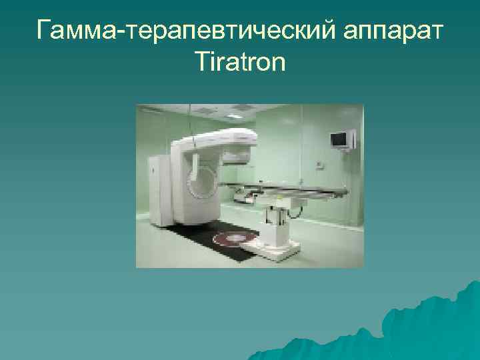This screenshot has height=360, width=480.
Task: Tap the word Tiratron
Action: (240, 63)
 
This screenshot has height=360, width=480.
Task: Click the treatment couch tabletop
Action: (293, 190)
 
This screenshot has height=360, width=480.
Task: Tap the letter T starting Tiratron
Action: (202, 63)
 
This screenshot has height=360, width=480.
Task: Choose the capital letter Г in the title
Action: (45, 30)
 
